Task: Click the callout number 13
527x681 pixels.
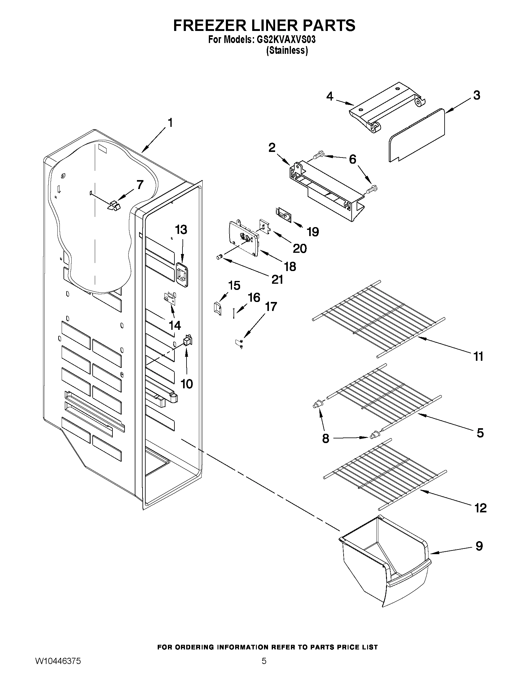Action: tap(181, 230)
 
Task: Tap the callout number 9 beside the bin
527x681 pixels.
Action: tap(479, 546)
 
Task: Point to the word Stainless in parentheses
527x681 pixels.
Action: tap(287, 50)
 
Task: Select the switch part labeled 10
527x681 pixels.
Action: tap(188, 341)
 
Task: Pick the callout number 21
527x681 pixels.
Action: tap(277, 279)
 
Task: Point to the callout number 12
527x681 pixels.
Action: tap(481, 508)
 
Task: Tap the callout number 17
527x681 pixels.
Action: tap(271, 307)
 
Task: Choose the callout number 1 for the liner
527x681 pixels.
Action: tap(170, 123)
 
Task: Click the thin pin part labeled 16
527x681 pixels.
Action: tap(233, 313)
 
